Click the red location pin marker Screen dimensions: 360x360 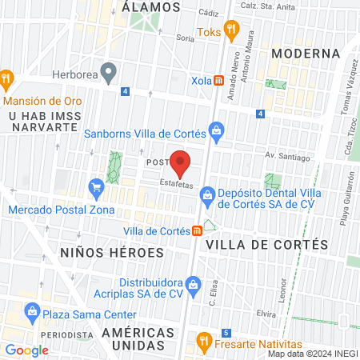(180, 163)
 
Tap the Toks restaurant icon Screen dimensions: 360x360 (232, 30)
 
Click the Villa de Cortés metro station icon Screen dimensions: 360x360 (196, 231)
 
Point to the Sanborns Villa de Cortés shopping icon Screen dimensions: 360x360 (215, 130)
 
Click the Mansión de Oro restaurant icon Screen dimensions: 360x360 (9, 78)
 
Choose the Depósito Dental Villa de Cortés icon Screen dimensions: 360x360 (206, 194)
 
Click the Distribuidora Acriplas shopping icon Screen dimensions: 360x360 (192, 284)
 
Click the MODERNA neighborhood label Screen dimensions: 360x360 (306, 54)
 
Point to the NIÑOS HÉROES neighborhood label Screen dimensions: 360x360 (112, 252)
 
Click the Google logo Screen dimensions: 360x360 (26, 350)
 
